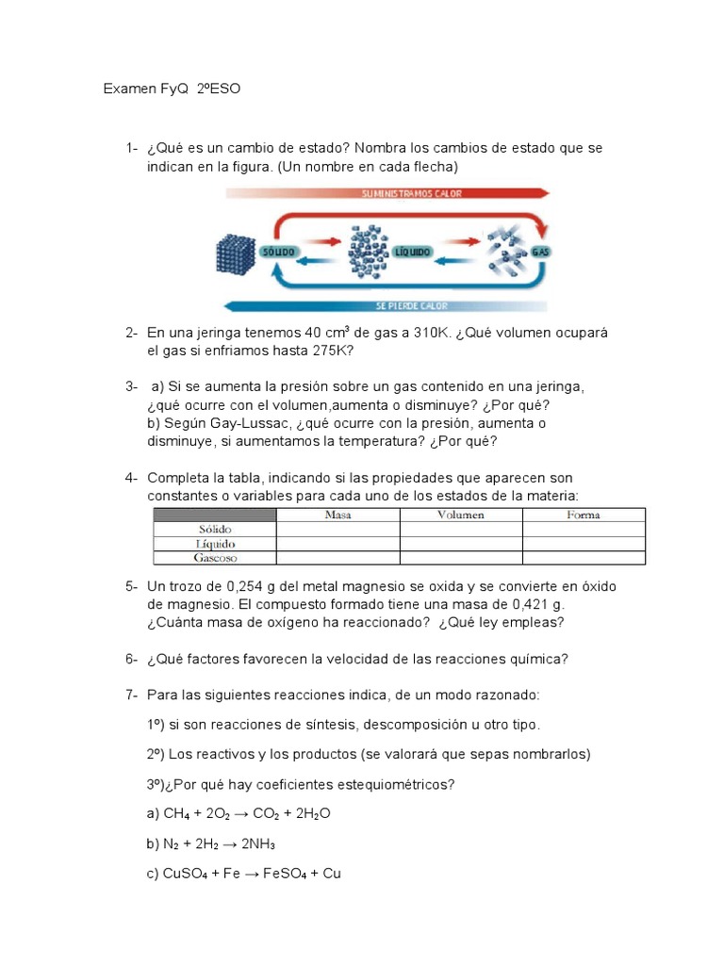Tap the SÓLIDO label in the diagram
[282, 252]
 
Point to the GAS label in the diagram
[540, 253]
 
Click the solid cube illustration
[236, 254]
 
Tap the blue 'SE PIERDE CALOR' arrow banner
[387, 306]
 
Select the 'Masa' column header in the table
[337, 515]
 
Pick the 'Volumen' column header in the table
[461, 515]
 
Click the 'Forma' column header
[584, 515]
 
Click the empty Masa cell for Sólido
[337, 530]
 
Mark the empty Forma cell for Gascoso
[584, 558]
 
